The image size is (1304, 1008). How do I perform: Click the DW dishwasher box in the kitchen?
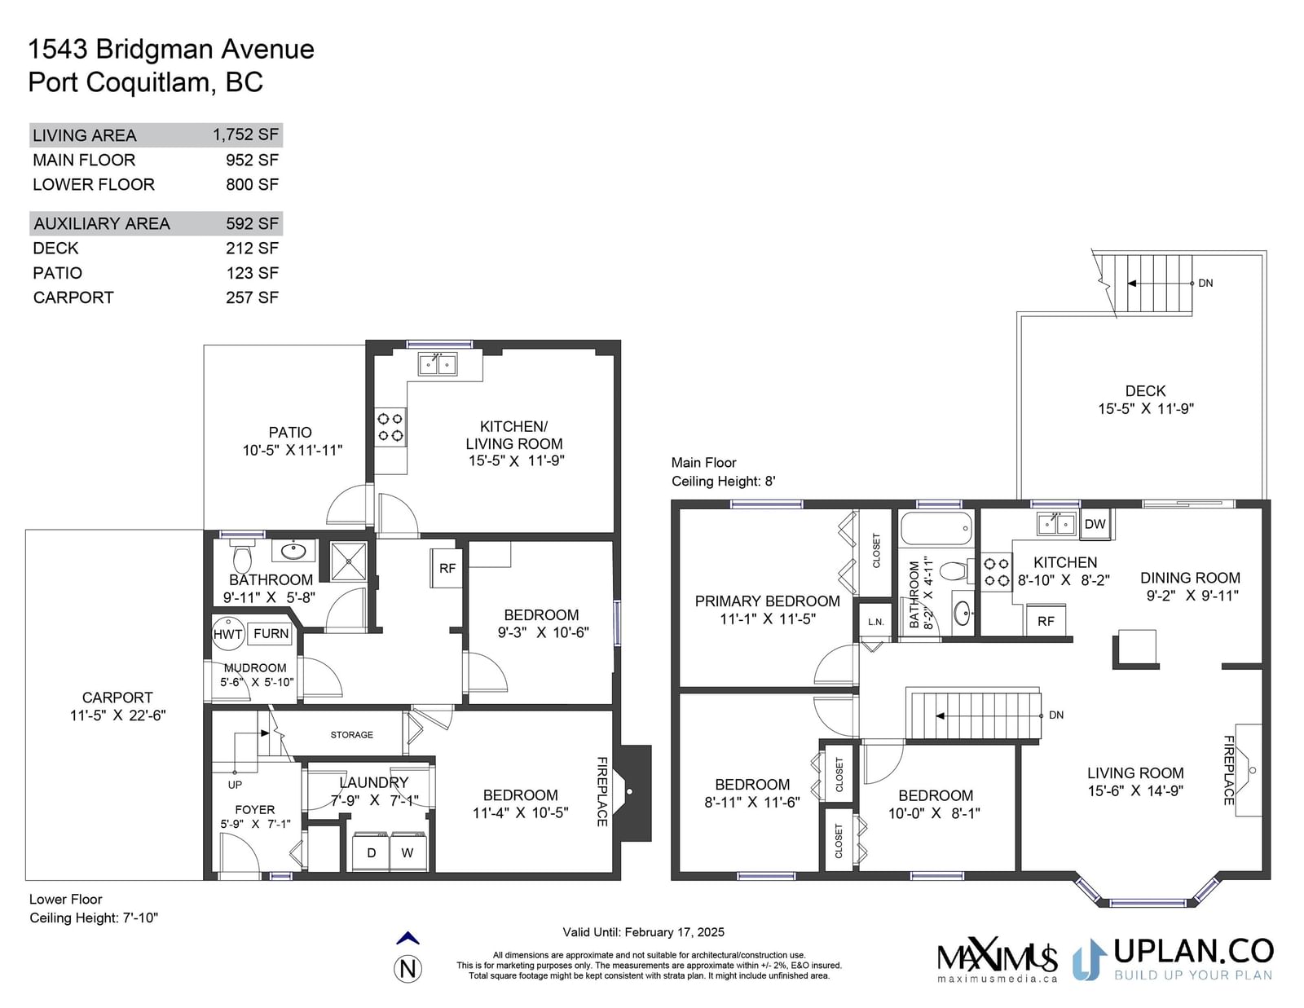pos(1095,524)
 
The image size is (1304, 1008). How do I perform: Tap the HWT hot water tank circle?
pos(228,634)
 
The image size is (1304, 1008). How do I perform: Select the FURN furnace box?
pos(271,634)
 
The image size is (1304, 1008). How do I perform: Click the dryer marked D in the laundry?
pos(371,852)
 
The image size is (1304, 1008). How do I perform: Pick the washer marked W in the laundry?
pos(407,852)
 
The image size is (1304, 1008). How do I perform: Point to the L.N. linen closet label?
pos(875,622)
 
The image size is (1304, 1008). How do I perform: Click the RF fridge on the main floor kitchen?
pos(1046,621)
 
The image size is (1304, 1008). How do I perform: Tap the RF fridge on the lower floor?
pos(447,568)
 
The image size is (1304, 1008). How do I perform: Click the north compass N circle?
pos(408,969)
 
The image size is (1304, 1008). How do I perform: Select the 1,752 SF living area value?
pos(246,134)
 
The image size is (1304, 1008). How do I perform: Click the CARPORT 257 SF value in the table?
pos(252,297)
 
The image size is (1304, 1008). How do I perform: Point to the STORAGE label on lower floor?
pos(351,734)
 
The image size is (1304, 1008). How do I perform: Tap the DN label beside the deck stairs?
pos(1205,284)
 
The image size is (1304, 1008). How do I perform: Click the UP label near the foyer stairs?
pos(235,785)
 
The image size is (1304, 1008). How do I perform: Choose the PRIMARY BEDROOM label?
pos(768,601)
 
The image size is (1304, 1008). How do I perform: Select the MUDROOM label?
pos(255,668)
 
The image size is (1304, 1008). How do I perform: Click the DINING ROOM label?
pos(1190,578)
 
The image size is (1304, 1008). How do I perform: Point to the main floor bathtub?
pos(936,528)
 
